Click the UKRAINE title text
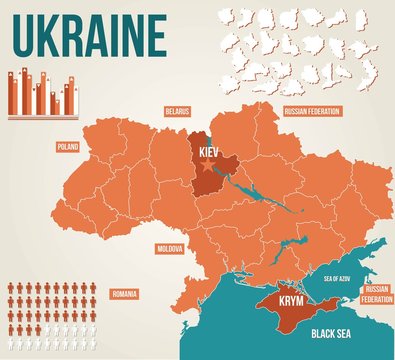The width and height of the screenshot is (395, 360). [x=89, y=35]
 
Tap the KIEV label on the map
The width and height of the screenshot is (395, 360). [x=209, y=150]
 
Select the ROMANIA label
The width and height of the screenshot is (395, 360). [x=125, y=295]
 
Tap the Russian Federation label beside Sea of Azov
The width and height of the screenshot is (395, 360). [x=376, y=294]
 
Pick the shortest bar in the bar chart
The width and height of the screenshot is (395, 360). [x=56, y=106]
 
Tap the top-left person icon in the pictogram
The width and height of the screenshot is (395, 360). [x=13, y=289]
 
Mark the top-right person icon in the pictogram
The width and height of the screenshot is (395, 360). [x=91, y=289]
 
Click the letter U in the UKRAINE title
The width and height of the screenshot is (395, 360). [x=24, y=35]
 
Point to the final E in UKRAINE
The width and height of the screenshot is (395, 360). [x=154, y=35]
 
